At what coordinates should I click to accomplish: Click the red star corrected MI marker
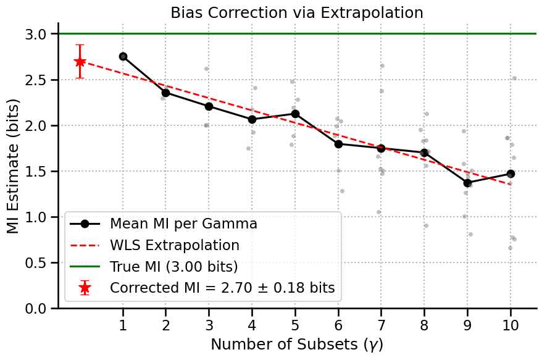(80, 62)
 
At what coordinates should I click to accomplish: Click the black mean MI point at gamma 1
(123, 56)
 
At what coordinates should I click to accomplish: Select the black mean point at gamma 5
(295, 114)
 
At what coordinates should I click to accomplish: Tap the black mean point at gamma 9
(467, 183)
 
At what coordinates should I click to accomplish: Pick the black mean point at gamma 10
(511, 174)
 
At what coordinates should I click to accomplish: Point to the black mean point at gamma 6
(338, 144)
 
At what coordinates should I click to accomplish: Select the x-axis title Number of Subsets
(297, 345)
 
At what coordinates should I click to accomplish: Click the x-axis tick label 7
(381, 325)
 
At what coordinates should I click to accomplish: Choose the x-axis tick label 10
(511, 325)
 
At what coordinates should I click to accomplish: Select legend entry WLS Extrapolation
(175, 245)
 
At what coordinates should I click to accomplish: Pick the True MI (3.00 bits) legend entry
(174, 267)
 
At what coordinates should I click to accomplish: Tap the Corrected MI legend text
(222, 288)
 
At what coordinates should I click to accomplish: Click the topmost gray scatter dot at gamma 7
(382, 65)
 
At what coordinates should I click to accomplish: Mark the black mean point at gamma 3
(209, 106)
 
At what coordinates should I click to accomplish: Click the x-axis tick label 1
(123, 325)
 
